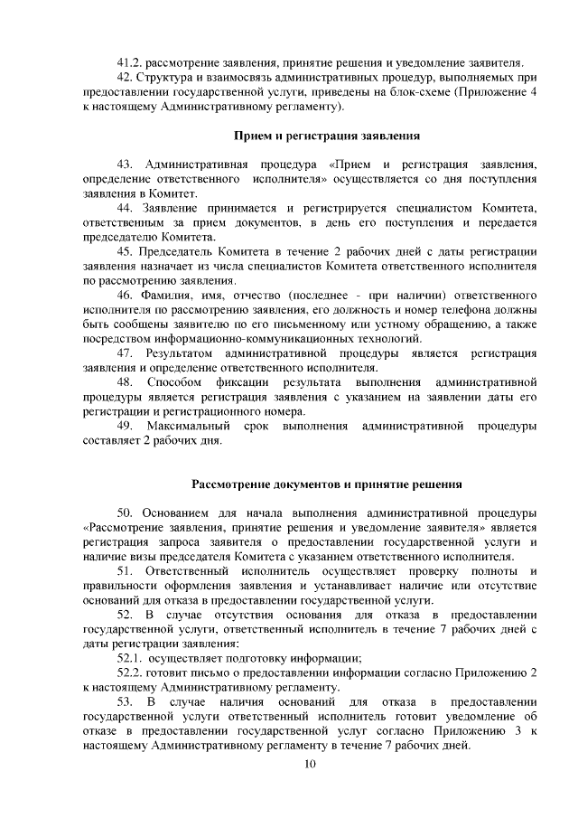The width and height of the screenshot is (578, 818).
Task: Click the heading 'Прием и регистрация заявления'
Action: (x=325, y=136)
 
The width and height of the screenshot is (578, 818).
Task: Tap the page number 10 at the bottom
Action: (x=310, y=766)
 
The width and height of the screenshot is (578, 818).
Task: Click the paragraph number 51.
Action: (x=126, y=570)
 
